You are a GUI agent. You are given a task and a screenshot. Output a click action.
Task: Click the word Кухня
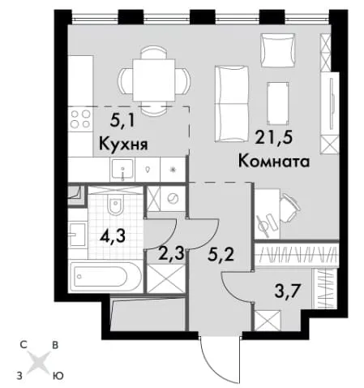coord(123,144)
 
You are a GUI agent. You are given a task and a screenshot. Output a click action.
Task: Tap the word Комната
coord(274,162)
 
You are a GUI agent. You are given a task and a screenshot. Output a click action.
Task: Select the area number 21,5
coord(275,138)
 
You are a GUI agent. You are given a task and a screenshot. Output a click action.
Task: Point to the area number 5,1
coord(122,121)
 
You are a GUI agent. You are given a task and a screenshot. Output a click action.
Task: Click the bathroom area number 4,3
coord(113,236)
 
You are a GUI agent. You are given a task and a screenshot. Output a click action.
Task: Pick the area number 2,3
coord(171,254)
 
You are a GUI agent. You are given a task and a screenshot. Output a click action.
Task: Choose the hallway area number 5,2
coord(221,255)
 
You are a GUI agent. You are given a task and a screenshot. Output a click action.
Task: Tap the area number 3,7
coord(287,291)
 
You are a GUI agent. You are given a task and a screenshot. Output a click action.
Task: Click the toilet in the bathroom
coord(116,205)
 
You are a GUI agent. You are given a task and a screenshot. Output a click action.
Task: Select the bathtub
coord(105,276)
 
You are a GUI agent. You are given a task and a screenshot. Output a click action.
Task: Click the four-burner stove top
coord(80,119)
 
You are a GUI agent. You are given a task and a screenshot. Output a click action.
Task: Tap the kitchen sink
coord(122,170)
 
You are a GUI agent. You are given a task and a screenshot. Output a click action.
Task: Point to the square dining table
coord(154,80)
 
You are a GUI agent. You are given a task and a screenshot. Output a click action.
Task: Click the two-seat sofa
coord(232,103)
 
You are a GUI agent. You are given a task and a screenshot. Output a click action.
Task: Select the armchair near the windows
coord(277,50)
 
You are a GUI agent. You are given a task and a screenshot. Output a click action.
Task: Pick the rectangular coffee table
coord(277,103)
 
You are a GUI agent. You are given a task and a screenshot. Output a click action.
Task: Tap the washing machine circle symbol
coord(173,199)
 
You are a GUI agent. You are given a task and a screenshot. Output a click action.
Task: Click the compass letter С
coord(24,345)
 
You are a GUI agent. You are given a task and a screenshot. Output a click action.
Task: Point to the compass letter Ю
coord(58,376)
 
